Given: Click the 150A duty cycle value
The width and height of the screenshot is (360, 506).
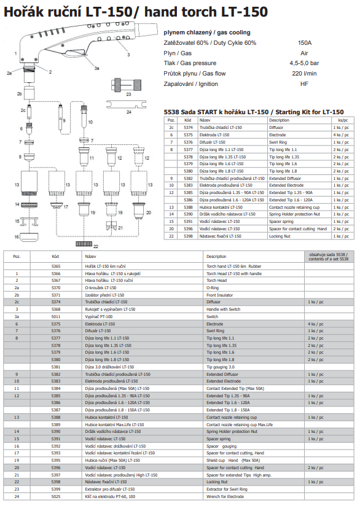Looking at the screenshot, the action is (305, 43).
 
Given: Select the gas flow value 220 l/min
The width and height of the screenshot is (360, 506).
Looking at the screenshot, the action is (305, 73).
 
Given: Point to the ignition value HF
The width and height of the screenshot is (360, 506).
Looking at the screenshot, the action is (305, 83).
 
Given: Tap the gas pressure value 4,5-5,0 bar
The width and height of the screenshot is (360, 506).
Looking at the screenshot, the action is (305, 63).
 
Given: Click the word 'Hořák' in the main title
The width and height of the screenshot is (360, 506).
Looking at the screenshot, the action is (22, 11).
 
